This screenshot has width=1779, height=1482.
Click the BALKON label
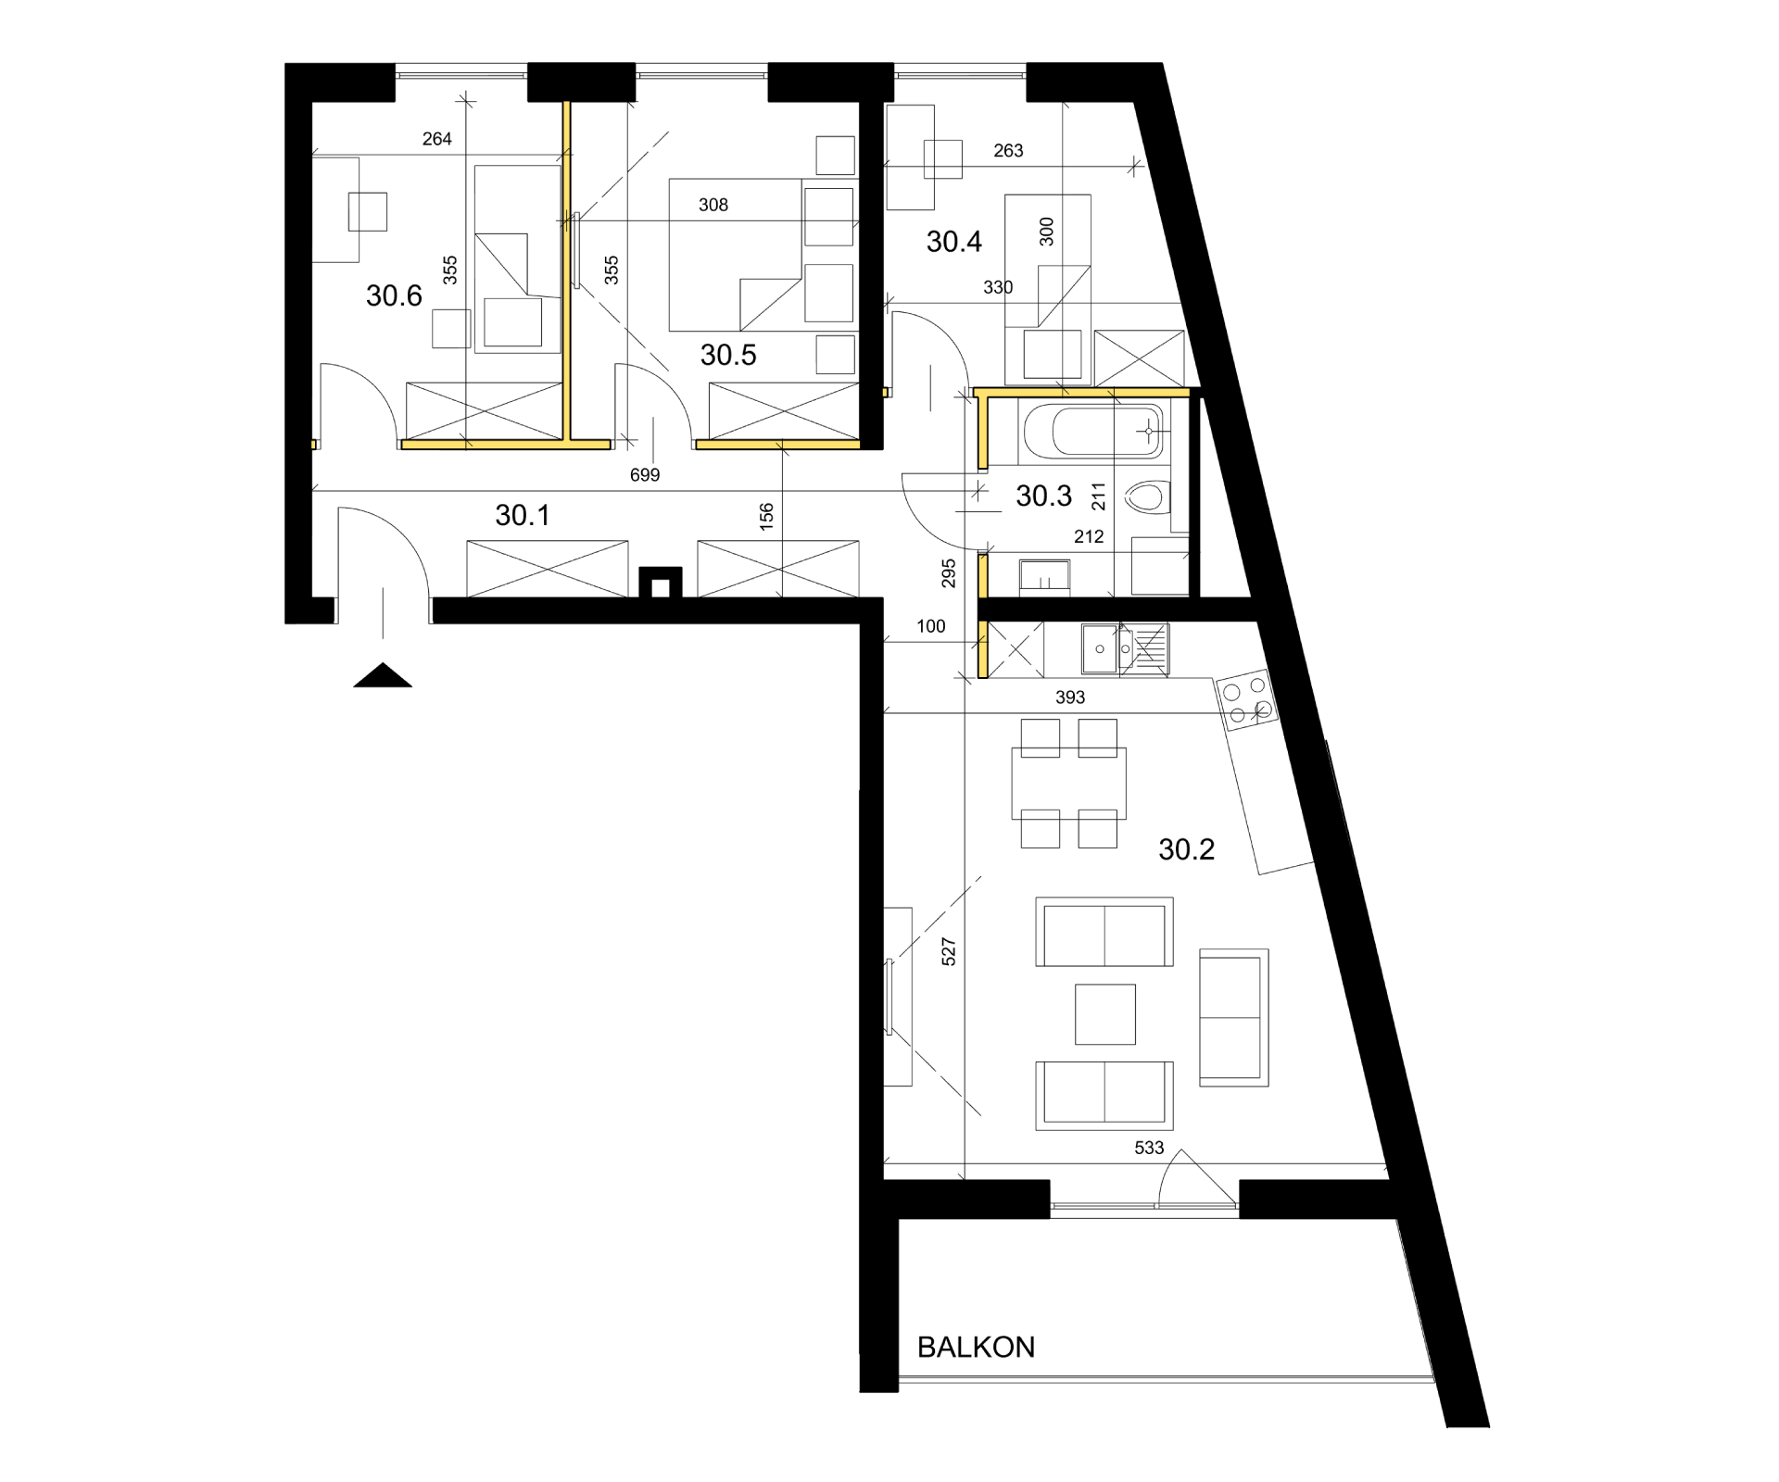[976, 1347]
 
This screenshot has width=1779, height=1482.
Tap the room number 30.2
[1186, 849]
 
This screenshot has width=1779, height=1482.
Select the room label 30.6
[394, 295]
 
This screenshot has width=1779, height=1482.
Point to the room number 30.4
[954, 242]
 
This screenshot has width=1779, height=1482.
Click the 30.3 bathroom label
[1043, 496]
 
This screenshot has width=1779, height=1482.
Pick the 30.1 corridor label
[523, 516]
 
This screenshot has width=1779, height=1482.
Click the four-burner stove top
[1246, 699]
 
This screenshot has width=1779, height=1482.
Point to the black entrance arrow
[382, 675]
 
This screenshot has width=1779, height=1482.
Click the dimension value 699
[644, 475]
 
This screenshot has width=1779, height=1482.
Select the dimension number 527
[948, 952]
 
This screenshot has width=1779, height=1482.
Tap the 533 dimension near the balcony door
[1148, 1148]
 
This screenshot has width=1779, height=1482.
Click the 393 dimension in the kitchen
[1069, 697]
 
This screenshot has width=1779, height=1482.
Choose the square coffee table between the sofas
[1105, 1014]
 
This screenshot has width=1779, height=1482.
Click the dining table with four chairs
[1068, 784]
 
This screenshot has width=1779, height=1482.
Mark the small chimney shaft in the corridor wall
[661, 584]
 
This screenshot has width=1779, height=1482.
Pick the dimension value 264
[436, 139]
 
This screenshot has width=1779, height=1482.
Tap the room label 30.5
[728, 355]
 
